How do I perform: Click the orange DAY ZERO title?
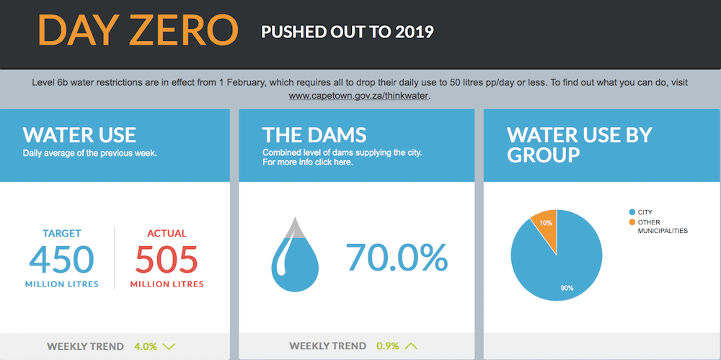click(138, 30)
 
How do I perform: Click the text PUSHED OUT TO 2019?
click(348, 32)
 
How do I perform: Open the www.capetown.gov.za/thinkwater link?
click(358, 97)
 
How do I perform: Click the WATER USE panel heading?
click(79, 134)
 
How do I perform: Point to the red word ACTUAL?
click(167, 234)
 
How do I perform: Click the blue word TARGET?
click(61, 234)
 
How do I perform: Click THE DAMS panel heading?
click(314, 134)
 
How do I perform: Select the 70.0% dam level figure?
click(397, 258)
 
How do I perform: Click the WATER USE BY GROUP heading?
click(580, 144)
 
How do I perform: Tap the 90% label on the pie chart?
click(567, 288)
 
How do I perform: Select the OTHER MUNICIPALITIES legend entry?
click(658, 227)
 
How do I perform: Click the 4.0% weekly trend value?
click(145, 346)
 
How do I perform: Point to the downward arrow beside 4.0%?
click(169, 346)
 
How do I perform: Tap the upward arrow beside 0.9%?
click(411, 346)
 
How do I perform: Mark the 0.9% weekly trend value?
click(388, 346)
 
